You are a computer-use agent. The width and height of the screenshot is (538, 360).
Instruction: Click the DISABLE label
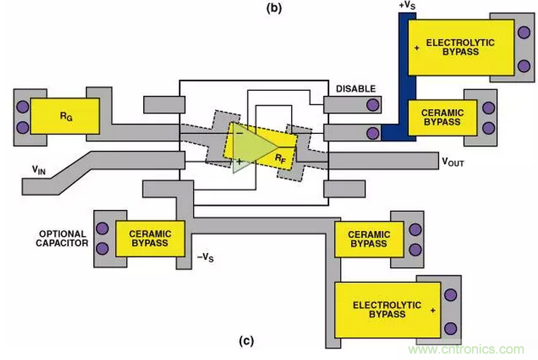[355, 89]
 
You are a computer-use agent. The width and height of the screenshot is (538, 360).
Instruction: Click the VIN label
[41, 168]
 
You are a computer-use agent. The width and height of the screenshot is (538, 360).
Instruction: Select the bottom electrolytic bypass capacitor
[386, 309]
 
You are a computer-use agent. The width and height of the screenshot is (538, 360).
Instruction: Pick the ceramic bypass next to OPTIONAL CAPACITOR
[149, 237]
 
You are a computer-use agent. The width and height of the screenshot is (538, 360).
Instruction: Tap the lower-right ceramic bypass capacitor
[368, 238]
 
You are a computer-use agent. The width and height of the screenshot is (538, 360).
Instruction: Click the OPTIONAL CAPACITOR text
[62, 238]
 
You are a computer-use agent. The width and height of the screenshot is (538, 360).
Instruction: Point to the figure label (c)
[245, 342]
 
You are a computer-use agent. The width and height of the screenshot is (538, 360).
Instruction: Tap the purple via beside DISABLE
[372, 105]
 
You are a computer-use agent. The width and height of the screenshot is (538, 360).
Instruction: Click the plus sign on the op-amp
[240, 161]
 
